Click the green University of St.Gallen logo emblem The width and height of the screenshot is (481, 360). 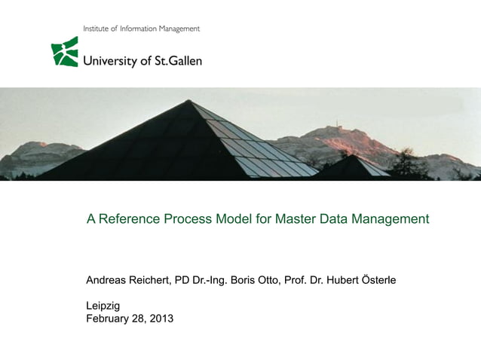[65, 52]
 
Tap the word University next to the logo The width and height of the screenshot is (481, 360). [111, 61]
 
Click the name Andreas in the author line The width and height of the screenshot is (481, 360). [108, 280]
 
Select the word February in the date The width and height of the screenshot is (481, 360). [111, 319]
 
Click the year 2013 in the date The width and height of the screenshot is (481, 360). [161, 319]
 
